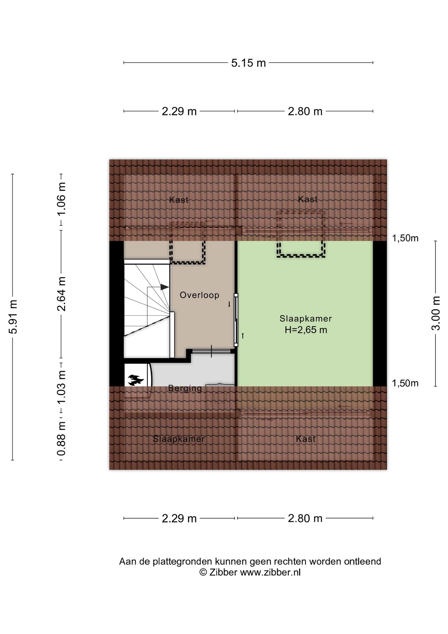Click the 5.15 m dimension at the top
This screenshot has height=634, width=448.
pos(248,63)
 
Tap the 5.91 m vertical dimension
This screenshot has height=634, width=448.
pos(13,317)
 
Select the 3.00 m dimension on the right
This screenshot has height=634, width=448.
pos(436,313)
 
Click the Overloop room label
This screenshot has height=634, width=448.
pos(200,295)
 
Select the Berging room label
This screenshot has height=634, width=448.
pos(185,388)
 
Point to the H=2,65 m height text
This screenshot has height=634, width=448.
pos(306,330)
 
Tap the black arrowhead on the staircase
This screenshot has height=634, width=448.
pos(165,287)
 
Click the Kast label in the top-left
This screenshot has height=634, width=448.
pos(179,200)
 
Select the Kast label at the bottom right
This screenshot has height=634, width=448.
pos(306,439)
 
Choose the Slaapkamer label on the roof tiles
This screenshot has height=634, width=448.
pos(179,439)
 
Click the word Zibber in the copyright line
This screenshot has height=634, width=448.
pos(223,572)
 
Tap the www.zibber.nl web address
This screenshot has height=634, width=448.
pos(270,572)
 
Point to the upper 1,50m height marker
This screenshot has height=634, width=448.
pos(405,238)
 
